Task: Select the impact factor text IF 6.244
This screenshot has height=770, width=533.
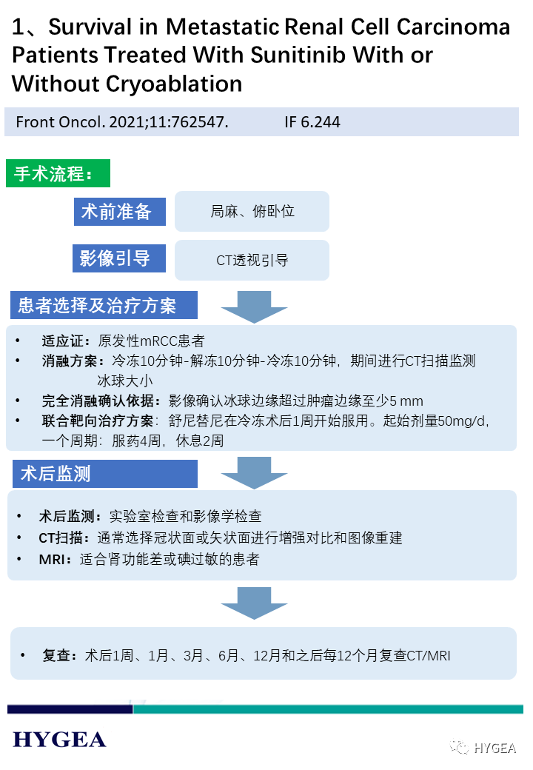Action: (312, 121)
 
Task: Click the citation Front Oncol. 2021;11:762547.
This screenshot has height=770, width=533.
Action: (122, 121)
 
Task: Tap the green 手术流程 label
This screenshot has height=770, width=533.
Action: (57, 174)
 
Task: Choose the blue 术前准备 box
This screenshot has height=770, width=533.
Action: (117, 212)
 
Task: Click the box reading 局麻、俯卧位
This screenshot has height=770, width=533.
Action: (252, 212)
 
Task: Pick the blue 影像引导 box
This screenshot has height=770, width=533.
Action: (117, 258)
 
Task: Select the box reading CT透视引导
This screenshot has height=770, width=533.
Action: (252, 260)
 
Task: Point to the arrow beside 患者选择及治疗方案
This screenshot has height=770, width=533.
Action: (254, 307)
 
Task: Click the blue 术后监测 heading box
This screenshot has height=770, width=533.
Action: (104, 473)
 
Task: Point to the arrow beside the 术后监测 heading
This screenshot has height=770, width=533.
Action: (254, 472)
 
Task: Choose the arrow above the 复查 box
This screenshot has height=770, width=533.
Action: (254, 603)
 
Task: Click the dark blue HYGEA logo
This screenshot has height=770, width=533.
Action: (59, 739)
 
